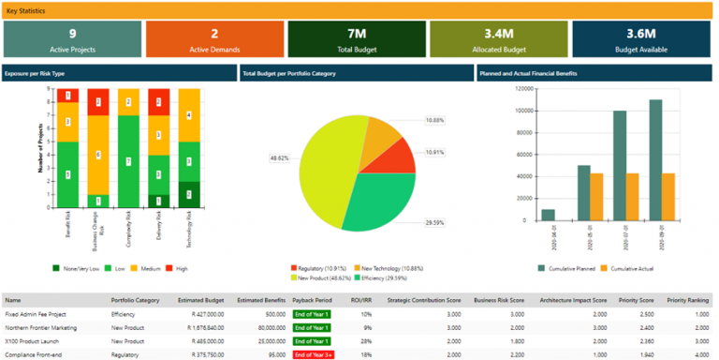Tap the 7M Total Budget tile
pyautogui.click(x=356, y=38)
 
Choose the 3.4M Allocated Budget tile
pyautogui.click(x=498, y=38)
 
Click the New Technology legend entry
pyautogui.click(x=384, y=267)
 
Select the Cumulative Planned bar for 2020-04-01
pyautogui.click(x=548, y=215)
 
